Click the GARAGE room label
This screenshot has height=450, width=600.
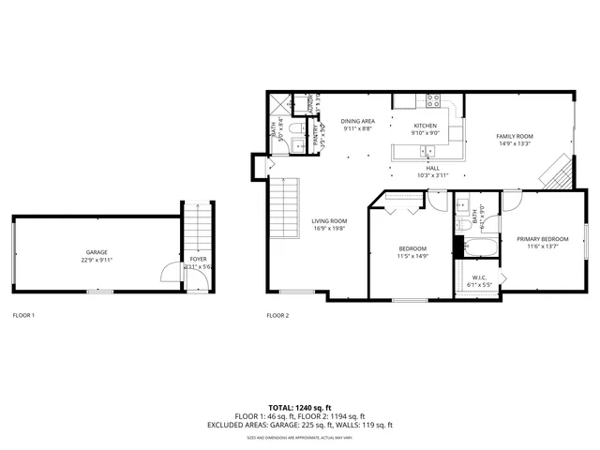tap(97, 252)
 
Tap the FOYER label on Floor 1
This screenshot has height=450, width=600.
tap(198, 259)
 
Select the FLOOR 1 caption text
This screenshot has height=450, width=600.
tap(23, 315)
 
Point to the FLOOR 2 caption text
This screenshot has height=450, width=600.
tap(277, 315)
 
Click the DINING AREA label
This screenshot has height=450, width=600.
tap(357, 122)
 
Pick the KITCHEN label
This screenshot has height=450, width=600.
tap(427, 125)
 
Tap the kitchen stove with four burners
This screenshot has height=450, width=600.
tap(434, 100)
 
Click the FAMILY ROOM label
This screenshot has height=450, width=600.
tap(515, 136)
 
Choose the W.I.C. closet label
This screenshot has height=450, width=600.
tap(478, 277)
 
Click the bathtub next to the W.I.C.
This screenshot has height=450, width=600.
tap(478, 248)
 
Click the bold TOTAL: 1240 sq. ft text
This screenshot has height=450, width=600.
tap(299, 409)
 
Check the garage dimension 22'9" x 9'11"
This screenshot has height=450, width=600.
tap(97, 260)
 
